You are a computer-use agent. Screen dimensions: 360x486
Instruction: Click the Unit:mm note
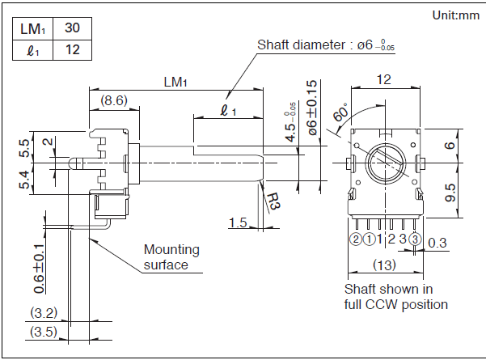pos(455,15)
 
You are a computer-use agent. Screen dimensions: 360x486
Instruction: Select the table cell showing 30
pos(72,28)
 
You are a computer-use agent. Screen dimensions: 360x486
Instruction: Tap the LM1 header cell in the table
pos(32,28)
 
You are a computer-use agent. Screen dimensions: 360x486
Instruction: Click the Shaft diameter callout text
pos(330,44)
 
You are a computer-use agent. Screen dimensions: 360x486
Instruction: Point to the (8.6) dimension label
pos(114,101)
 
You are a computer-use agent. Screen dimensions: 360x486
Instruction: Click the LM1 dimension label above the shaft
pos(175,82)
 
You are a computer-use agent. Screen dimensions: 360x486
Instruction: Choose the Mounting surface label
pos(171,256)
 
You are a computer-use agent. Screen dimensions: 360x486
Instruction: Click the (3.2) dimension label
pos(41,312)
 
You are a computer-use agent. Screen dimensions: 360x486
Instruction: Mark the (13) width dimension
pos(385,265)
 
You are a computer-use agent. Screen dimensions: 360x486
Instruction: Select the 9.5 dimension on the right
pos(450,193)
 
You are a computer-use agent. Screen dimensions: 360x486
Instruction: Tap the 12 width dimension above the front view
pos(383,79)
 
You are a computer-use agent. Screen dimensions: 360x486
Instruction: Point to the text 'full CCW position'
pos(396,304)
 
